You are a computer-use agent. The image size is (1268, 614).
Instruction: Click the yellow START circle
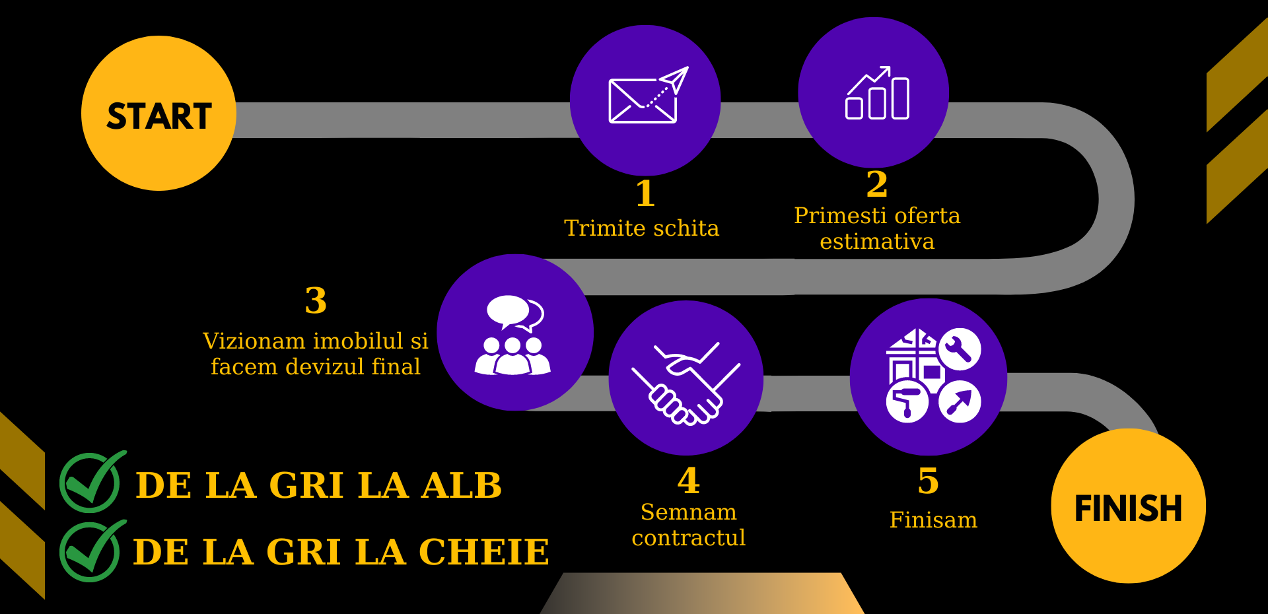(x=158, y=114)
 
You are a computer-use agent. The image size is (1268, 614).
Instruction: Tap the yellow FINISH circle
(x=1128, y=506)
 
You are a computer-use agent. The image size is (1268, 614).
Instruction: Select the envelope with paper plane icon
(x=647, y=96)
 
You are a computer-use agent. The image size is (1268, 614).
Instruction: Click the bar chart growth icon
(x=877, y=94)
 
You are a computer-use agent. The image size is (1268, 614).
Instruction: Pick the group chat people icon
(x=513, y=335)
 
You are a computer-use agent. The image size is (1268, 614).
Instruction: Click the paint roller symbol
(x=907, y=401)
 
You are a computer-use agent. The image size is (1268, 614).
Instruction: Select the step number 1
(x=645, y=193)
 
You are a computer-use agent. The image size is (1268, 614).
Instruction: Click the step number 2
(x=877, y=184)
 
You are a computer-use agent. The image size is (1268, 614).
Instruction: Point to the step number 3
(x=316, y=300)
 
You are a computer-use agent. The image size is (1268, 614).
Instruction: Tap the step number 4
(x=688, y=481)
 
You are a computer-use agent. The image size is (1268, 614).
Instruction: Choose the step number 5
(x=928, y=481)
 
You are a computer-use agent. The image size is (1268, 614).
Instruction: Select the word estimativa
(x=877, y=242)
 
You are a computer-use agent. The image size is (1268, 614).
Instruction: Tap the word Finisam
(x=933, y=520)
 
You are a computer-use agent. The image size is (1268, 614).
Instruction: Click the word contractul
(x=688, y=538)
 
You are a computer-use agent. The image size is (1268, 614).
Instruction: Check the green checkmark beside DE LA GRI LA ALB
(x=90, y=483)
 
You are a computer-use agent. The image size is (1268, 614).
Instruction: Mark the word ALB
(x=462, y=486)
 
